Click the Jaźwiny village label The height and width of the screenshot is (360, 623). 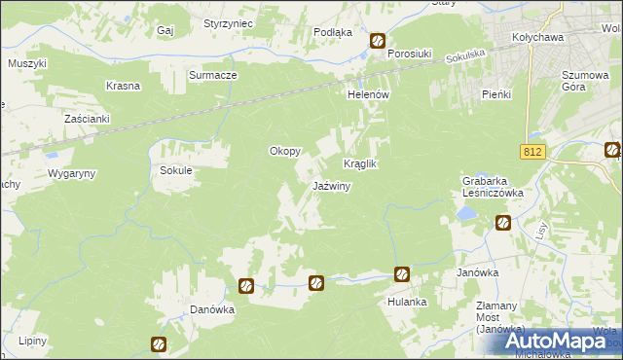pos(331,186)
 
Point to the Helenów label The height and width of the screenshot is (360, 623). pos(369,94)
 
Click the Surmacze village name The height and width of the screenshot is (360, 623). pos(213,74)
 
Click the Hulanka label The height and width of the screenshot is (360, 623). pos(407,302)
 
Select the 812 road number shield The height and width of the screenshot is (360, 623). pos(531,152)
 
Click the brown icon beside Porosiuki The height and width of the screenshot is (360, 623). pos(378,41)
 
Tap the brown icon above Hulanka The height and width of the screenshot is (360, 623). pos(400,274)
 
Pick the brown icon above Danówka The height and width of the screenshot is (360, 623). pos(246,286)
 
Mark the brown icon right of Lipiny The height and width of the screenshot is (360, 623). pos(159,343)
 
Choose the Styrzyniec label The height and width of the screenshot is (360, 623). pos(229,22)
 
